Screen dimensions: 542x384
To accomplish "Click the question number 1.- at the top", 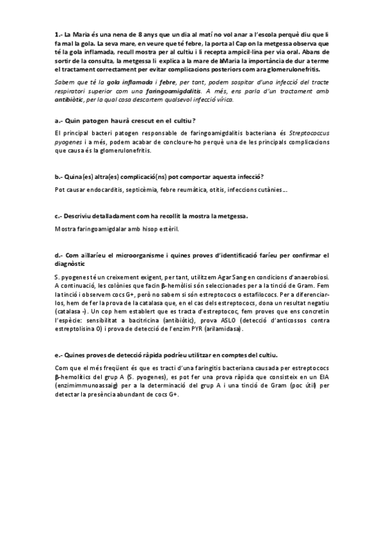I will coord(58,33).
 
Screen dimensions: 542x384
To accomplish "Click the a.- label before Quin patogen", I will coord(58,120).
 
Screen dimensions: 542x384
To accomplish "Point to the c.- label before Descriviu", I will coord(58,216).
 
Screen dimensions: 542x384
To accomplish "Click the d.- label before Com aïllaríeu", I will coord(58,254).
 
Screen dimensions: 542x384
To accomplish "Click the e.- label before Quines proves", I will coord(58,355).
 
